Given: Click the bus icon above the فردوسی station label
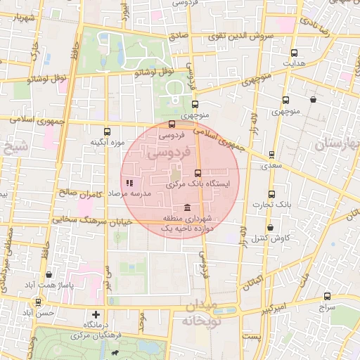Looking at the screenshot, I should click(172, 124).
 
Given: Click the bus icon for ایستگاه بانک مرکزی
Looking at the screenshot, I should click(197, 172).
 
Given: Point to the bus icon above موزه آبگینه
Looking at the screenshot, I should click(107, 131).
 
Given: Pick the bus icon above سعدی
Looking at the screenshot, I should click(271, 156).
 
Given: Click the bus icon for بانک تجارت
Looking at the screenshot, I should click(271, 194).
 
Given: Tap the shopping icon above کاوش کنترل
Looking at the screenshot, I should click(271, 227).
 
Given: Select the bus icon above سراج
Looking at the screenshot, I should click(327, 296).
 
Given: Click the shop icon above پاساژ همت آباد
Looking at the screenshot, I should click(48, 274).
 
